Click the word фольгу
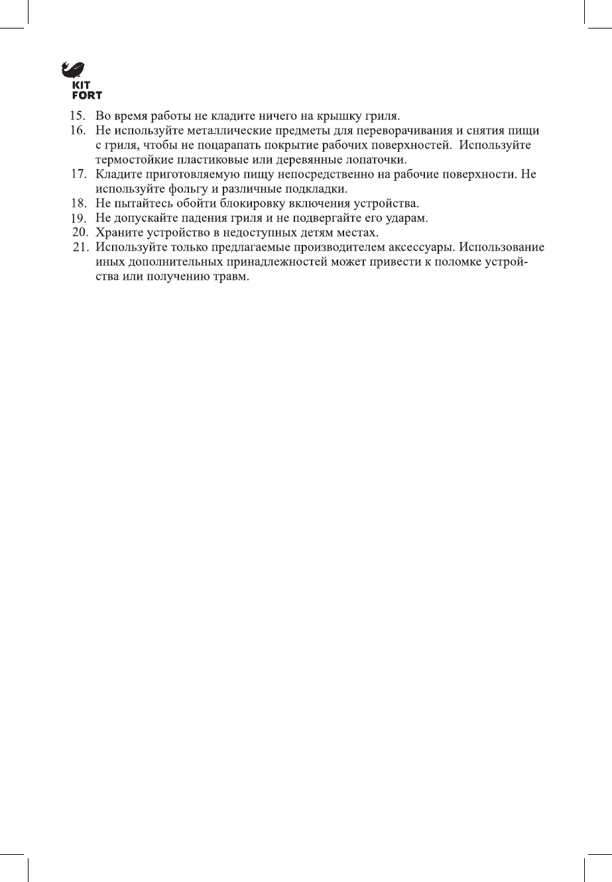click(x=182, y=190)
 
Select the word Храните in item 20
click(x=118, y=233)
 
